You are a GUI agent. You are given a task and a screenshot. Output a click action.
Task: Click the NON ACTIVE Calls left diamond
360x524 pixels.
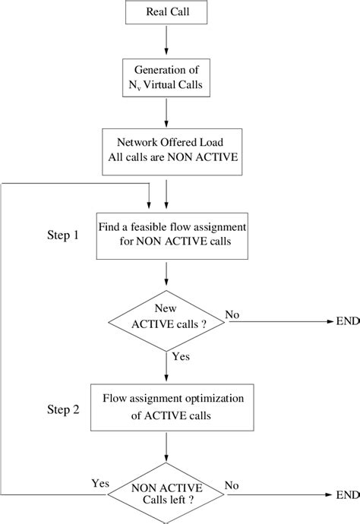166,494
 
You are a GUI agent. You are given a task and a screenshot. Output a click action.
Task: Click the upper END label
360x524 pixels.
346,321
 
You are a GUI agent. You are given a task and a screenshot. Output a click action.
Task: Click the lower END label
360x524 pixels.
346,494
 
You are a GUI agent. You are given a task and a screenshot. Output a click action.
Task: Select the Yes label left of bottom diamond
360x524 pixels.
100,483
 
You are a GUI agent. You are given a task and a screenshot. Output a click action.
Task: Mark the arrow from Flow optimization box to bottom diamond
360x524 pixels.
166,446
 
